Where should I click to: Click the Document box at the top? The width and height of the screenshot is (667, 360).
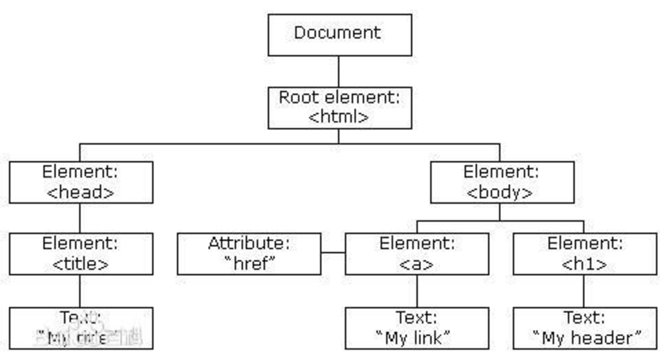click(x=339, y=34)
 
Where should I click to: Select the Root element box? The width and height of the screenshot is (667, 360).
click(x=339, y=107)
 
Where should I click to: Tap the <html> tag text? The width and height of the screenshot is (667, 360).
click(x=339, y=117)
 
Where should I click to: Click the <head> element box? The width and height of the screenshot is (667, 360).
click(x=81, y=182)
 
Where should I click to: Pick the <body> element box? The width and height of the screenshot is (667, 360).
click(x=501, y=182)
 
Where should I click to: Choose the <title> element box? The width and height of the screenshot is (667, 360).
click(x=81, y=253)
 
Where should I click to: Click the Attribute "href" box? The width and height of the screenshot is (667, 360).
click(x=249, y=253)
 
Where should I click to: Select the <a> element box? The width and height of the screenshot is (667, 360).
click(x=416, y=253)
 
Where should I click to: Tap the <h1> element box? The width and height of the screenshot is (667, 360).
click(x=584, y=253)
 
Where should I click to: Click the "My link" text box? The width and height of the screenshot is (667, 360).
click(x=416, y=328)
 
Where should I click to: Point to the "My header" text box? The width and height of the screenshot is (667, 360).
click(x=584, y=328)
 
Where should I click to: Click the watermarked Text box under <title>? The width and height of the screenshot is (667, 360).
click(x=81, y=328)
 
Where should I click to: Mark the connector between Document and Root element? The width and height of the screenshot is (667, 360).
click(x=339, y=71)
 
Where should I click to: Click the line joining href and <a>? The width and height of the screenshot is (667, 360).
click(x=333, y=253)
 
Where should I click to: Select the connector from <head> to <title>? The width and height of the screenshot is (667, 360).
click(x=80, y=218)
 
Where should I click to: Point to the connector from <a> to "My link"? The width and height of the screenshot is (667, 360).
click(x=416, y=290)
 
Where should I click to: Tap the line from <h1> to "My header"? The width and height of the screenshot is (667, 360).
click(x=584, y=290)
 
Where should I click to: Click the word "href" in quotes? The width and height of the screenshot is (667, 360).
click(x=249, y=264)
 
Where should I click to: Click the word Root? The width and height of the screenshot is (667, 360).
click(x=296, y=97)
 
